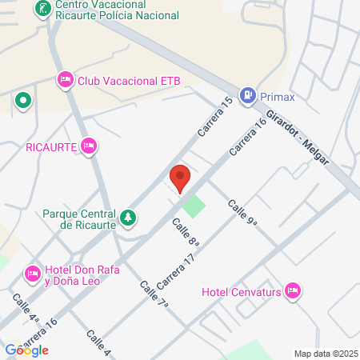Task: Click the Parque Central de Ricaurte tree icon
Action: pyautogui.click(x=127, y=218)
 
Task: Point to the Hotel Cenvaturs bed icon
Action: pyautogui.click(x=293, y=289)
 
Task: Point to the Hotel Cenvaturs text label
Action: pyautogui.click(x=243, y=290)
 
